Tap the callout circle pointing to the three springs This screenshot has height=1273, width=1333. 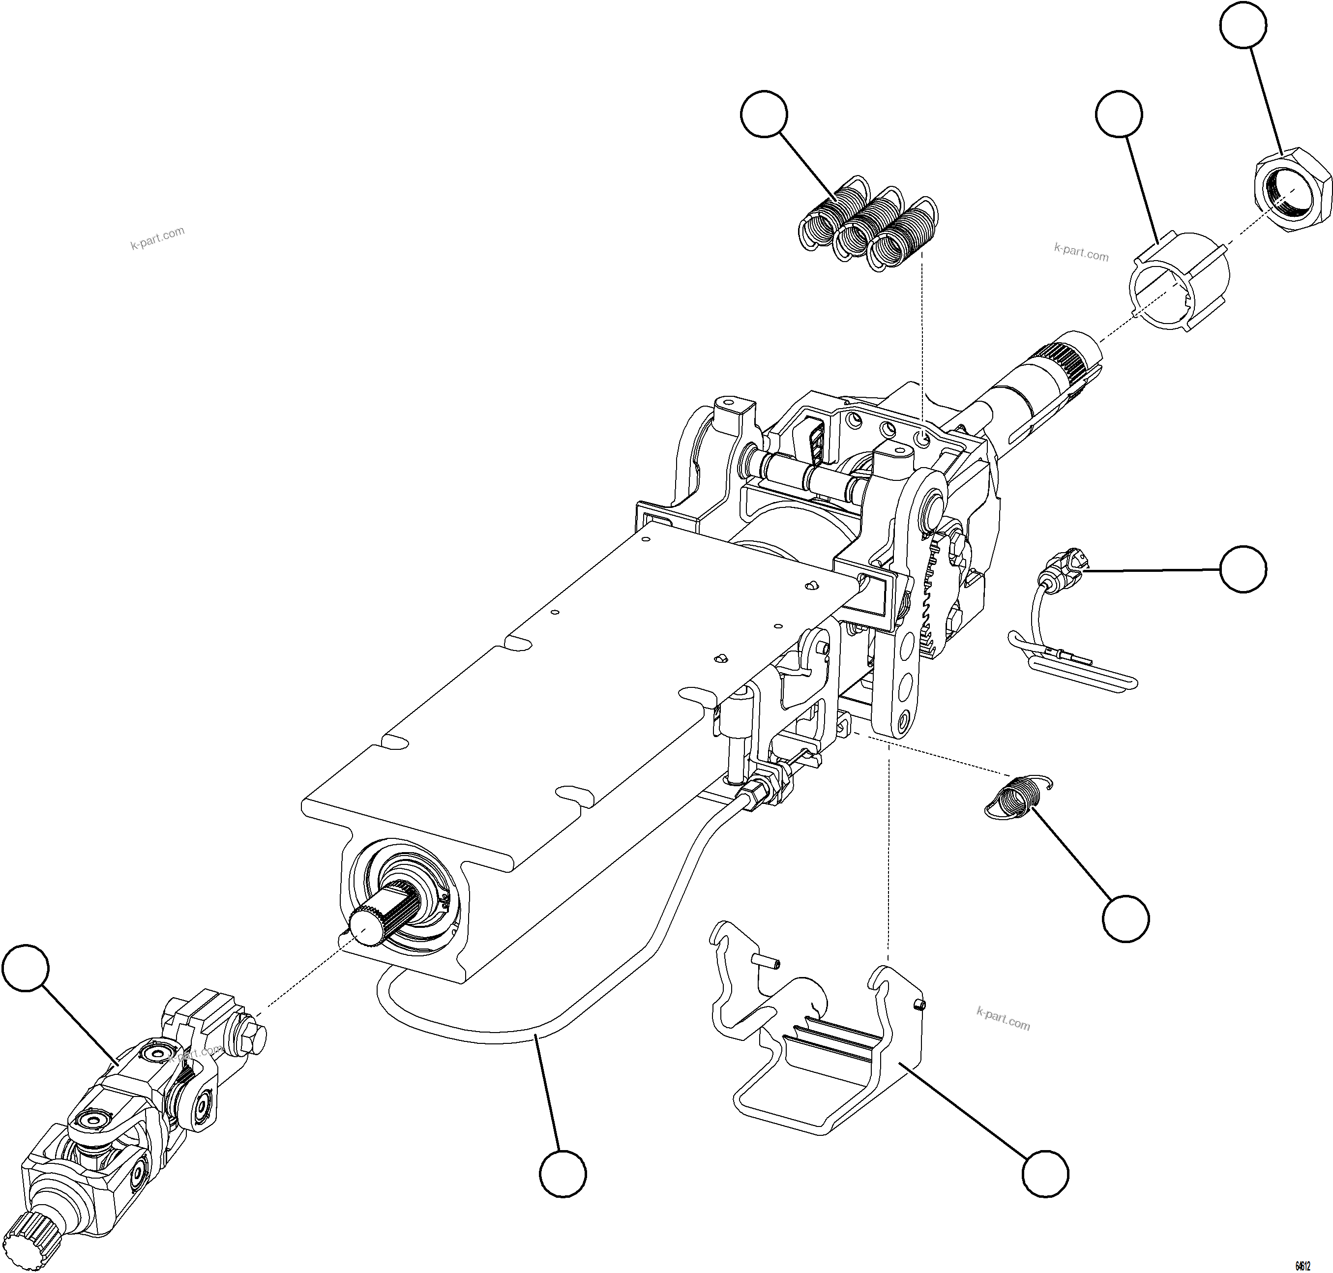(764, 114)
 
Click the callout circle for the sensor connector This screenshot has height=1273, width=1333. (1242, 568)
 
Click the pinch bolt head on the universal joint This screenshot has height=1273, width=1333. (250, 1037)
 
